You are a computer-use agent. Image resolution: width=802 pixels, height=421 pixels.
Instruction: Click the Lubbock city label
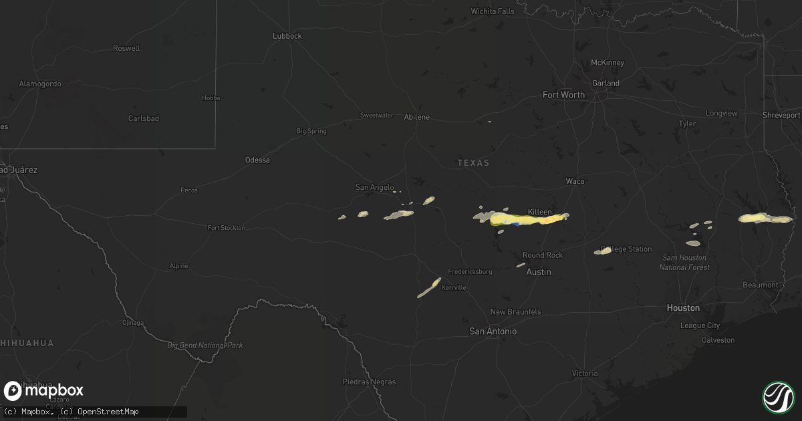(287, 36)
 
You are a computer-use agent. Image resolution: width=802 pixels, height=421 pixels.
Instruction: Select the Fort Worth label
(563, 95)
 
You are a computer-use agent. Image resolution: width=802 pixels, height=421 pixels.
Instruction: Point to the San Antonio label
(493, 331)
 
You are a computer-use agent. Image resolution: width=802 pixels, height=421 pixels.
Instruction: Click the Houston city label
(683, 308)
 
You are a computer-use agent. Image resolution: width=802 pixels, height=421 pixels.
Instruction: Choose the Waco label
(575, 181)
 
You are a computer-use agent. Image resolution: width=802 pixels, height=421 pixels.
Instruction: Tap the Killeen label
(540, 212)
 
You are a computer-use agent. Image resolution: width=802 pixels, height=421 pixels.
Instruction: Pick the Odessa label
(257, 160)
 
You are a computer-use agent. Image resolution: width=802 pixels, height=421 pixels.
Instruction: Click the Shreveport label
(781, 116)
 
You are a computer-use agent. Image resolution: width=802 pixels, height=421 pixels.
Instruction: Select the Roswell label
(127, 48)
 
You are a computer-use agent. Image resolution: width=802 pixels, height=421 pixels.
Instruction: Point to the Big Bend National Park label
(205, 345)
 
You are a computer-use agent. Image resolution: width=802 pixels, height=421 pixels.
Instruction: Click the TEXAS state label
(473, 163)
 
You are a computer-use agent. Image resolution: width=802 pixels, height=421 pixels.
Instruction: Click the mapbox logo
(44, 391)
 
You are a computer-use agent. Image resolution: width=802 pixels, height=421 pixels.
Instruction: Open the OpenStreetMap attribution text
(108, 412)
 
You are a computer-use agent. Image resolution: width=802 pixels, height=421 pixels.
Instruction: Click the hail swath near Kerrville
(429, 288)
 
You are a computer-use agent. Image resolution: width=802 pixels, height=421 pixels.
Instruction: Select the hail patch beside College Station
(604, 251)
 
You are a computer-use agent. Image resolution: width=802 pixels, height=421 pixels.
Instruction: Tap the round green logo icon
(778, 397)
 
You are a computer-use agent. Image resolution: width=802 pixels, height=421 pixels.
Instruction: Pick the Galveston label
(718, 340)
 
